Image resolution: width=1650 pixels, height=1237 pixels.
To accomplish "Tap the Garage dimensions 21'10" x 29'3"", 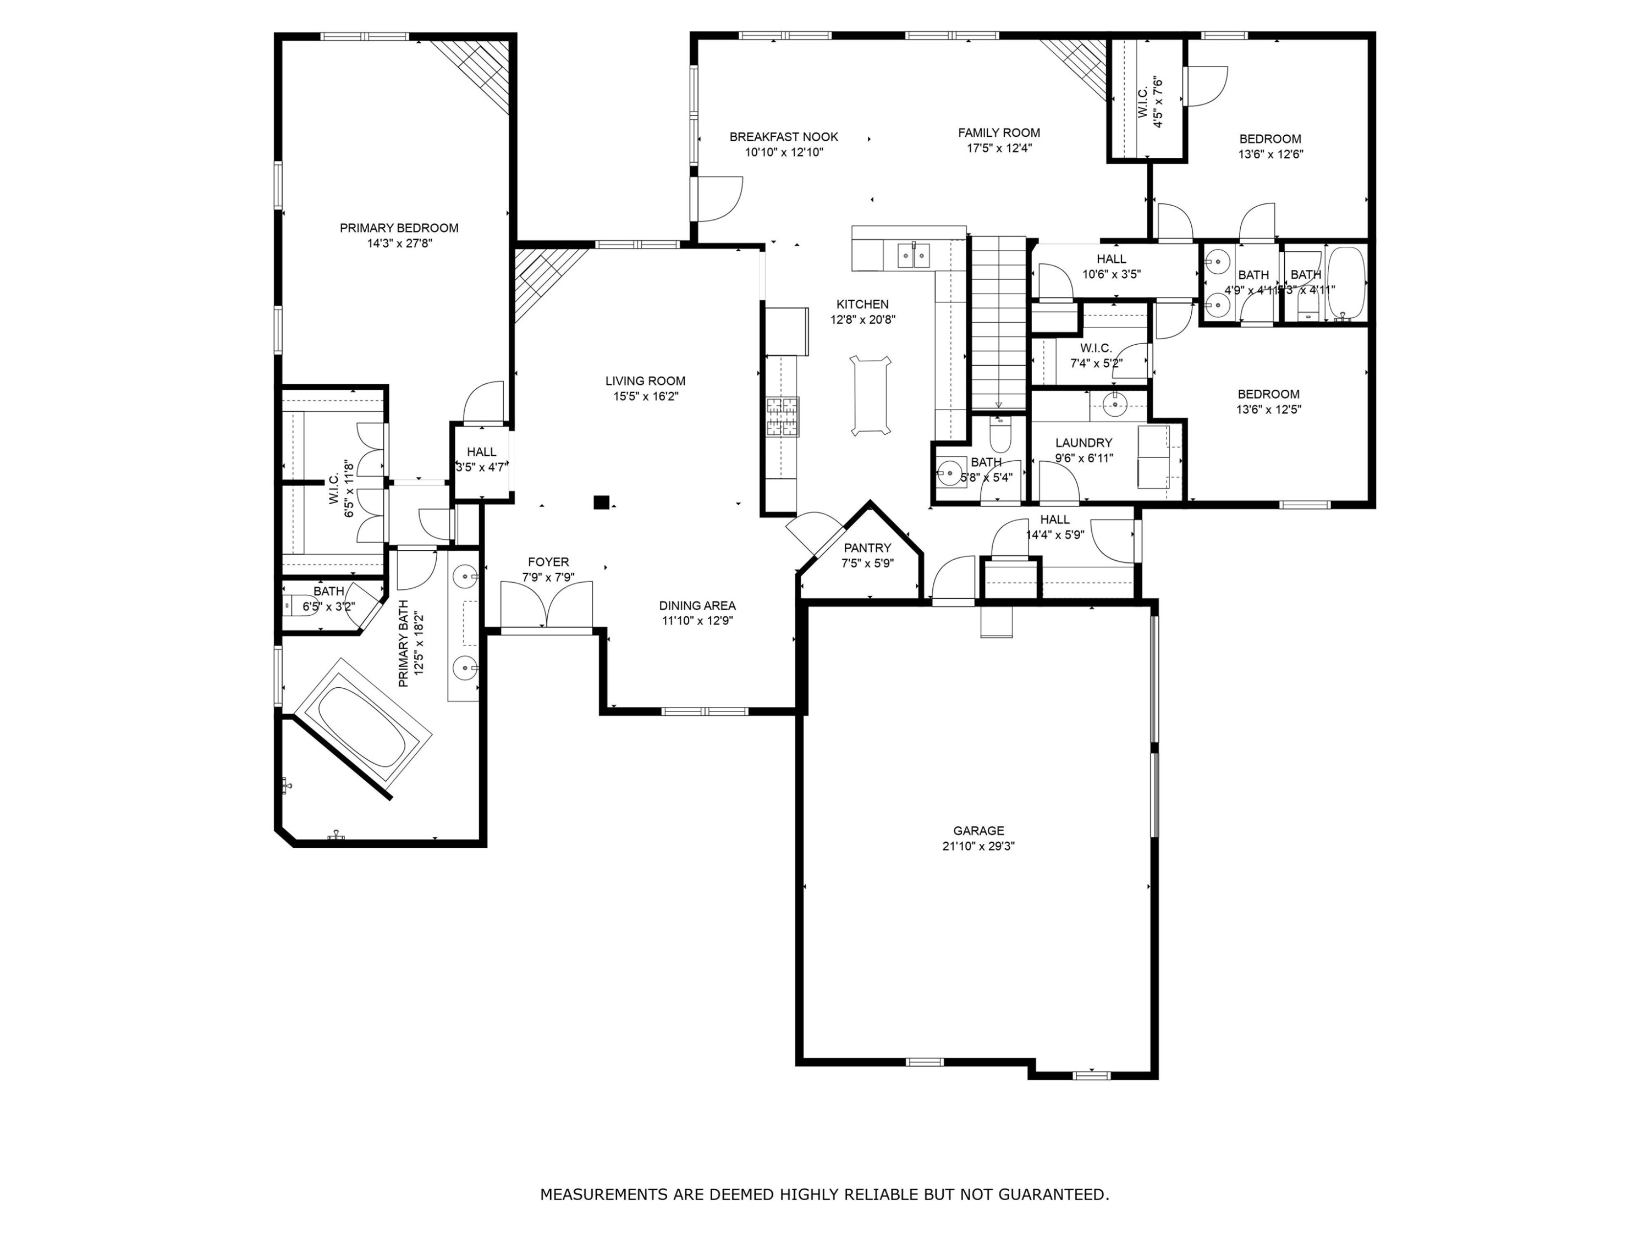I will pos(978,846).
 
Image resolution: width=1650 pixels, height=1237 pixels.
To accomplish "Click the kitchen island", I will pos(871,396).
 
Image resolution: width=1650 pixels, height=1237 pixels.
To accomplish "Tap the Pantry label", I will pos(867,548).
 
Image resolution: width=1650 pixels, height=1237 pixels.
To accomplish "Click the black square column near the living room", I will pos(601,502).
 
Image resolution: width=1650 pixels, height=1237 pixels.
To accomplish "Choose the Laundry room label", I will pos(1083,443).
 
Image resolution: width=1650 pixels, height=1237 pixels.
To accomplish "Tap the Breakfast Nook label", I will pos(783,137).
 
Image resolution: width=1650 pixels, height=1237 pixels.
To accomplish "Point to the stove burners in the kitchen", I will pos(782,417).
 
